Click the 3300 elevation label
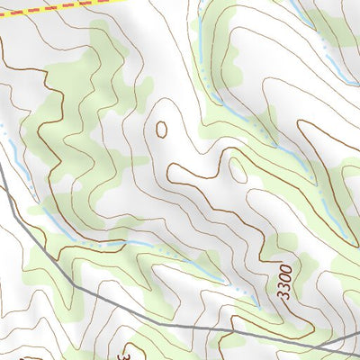coord(284,283)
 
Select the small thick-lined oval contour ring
coord(161,129)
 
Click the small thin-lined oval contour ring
coord(237,168)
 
